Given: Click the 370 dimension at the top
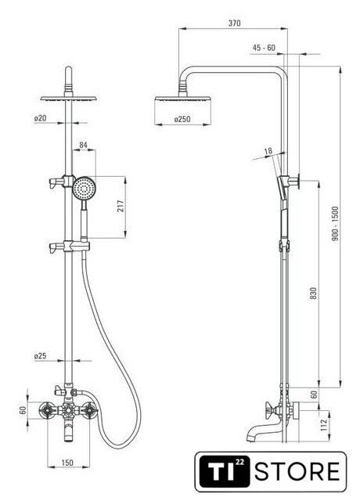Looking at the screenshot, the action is coord(235,23).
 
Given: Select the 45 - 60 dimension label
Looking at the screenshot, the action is coord(264,48).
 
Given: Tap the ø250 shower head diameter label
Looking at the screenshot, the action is coord(182,119).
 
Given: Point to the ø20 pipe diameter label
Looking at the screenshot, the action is coord(40,118).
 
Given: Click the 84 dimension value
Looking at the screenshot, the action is coord(84,145).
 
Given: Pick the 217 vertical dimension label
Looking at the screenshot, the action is coord(121,207).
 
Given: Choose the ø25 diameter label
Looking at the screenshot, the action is coord(40,355).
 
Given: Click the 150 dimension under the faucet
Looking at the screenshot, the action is coord(67,463).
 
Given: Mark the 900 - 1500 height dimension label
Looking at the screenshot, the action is coord(335,223).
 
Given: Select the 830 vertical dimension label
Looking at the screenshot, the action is coord(314,293).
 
